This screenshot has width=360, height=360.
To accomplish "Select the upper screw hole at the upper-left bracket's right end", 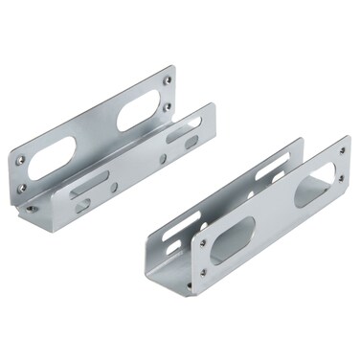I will point(169,71).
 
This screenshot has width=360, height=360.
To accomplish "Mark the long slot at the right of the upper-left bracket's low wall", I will point(182,133).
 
